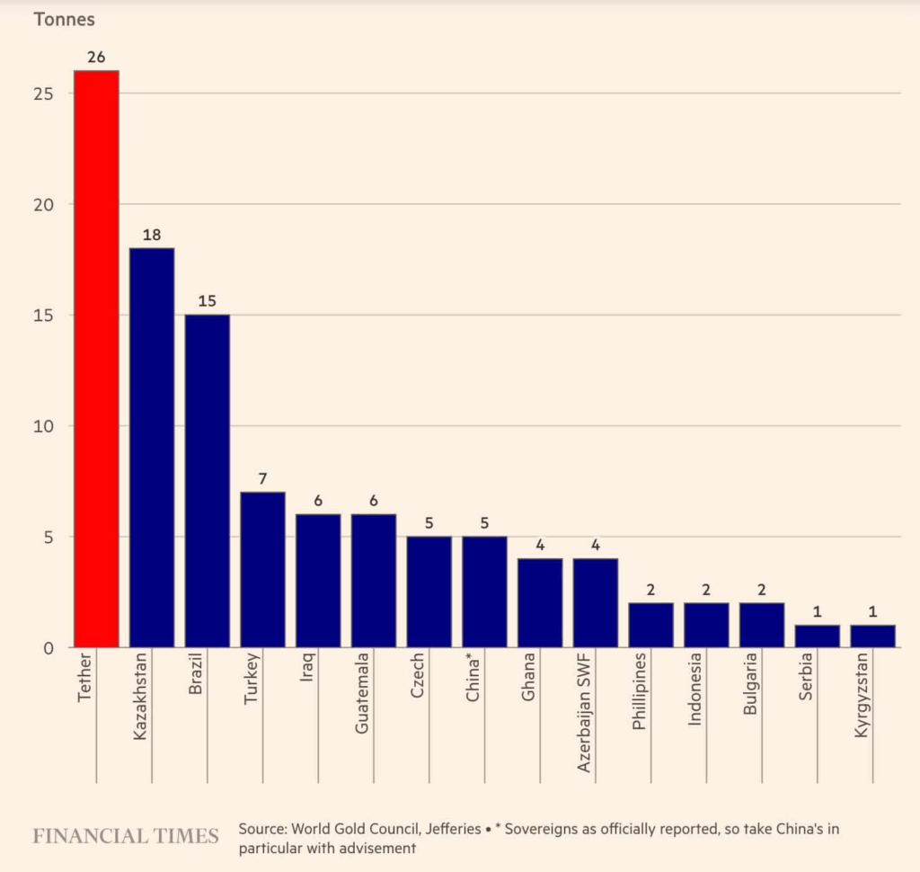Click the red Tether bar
click(x=96, y=359)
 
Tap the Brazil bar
click(x=208, y=481)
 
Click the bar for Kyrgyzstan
click(x=872, y=636)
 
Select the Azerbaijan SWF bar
click(x=596, y=602)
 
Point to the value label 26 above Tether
click(x=96, y=58)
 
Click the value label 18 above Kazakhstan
click(x=152, y=236)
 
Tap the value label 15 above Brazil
click(x=208, y=302)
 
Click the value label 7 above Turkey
click(x=262, y=479)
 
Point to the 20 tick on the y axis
click(x=46, y=205)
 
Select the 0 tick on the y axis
click(x=50, y=648)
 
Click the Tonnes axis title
click(x=64, y=19)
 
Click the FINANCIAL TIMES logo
click(x=126, y=836)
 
